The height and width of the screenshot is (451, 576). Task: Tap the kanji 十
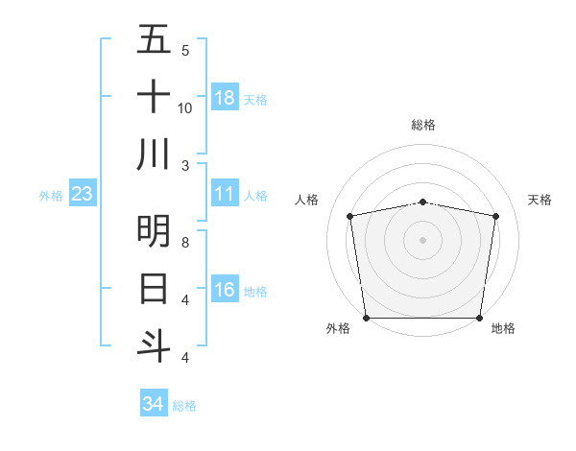154,97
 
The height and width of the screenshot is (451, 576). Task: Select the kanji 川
154,154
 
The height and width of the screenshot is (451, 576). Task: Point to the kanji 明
154,230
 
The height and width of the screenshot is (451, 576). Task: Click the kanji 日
154,288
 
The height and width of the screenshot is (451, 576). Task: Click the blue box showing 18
225,98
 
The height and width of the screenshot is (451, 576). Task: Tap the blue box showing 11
225,195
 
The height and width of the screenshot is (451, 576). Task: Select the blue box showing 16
225,291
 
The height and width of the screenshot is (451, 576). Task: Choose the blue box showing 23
82,195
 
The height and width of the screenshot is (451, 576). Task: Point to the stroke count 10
185,107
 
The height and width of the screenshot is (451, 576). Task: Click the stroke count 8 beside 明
185,243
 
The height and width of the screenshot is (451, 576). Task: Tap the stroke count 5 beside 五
185,50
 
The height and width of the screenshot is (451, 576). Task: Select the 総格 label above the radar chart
423,125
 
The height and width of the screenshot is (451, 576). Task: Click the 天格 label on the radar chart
540,200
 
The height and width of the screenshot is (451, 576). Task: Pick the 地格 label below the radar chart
503,328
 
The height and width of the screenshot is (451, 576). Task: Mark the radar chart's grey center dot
423,239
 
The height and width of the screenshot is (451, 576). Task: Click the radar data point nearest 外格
366,318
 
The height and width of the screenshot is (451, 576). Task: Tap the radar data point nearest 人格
350,216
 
